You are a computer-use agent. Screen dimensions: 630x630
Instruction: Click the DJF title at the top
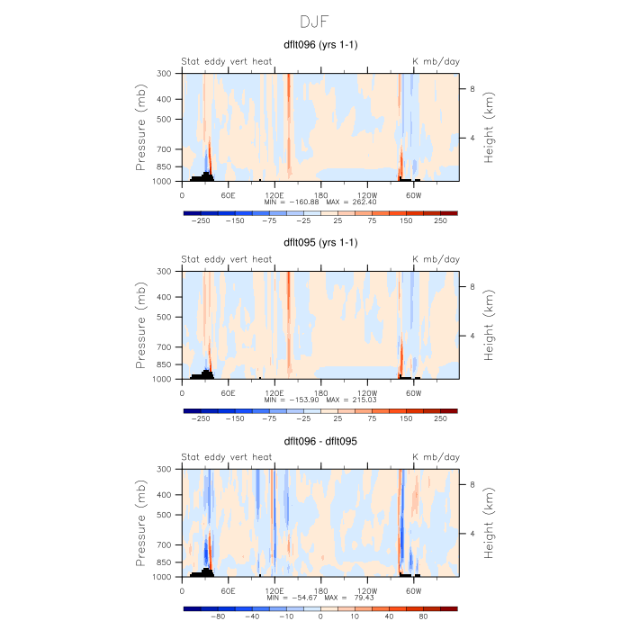tap(315, 21)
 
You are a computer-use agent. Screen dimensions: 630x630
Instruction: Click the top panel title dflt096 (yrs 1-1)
tap(321, 44)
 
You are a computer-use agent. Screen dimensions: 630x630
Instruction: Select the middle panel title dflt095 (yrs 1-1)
tap(321, 242)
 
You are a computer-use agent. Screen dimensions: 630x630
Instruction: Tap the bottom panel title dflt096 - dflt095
tap(321, 440)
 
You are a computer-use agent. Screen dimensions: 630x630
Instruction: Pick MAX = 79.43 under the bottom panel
tap(350, 598)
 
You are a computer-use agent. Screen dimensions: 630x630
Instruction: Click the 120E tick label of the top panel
tap(274, 194)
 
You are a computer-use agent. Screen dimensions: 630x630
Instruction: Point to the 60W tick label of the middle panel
tap(414, 392)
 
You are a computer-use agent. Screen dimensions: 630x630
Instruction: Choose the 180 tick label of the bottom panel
tap(321, 590)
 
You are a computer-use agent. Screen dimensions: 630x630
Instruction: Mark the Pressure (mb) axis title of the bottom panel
tap(142, 523)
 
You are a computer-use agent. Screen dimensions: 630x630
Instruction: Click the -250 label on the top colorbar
tap(201, 220)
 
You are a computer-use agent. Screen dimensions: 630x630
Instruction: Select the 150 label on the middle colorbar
tap(406, 418)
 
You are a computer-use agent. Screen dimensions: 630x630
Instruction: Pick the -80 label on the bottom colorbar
tap(217, 616)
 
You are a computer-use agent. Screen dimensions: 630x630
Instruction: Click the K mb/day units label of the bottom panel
tap(436, 457)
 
